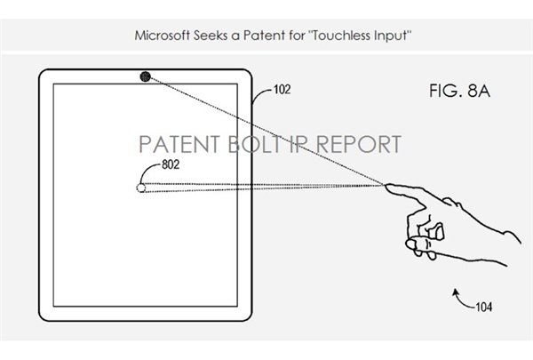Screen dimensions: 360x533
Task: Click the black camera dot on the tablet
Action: click(x=144, y=76)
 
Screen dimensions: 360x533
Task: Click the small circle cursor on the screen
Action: click(x=139, y=188)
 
